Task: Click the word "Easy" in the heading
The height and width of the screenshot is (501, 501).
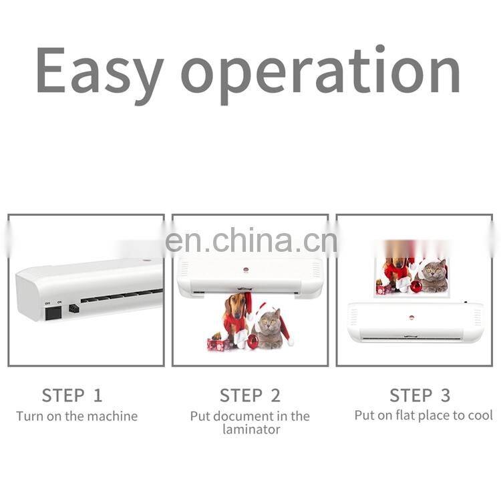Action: click(x=99, y=70)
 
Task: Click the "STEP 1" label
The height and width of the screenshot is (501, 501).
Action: click(x=72, y=395)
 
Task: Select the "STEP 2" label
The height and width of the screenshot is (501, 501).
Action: click(x=250, y=395)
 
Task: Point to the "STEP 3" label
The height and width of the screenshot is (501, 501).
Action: click(x=420, y=395)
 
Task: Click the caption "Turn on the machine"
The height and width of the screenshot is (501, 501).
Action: click(x=77, y=416)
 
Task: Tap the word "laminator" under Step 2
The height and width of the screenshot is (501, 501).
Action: click(x=251, y=430)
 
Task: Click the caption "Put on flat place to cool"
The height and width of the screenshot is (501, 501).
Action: click(x=424, y=415)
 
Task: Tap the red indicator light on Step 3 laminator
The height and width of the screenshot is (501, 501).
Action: click(x=411, y=318)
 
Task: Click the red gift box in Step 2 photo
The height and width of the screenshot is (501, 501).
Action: click(x=217, y=344)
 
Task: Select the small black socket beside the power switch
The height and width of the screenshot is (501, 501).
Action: click(x=73, y=309)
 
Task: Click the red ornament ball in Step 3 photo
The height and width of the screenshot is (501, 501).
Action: click(x=415, y=286)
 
